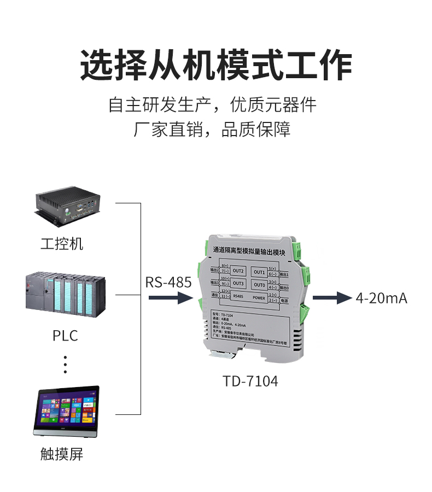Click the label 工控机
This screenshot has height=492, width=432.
[x=62, y=243]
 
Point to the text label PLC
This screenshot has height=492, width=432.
[x=65, y=335]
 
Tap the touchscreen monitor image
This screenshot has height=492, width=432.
[x=67, y=411]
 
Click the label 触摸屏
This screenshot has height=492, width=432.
[x=62, y=454]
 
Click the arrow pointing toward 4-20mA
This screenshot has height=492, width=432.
[x=330, y=298]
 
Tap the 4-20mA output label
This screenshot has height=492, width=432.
[x=381, y=298]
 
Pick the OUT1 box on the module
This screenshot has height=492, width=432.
[x=259, y=272]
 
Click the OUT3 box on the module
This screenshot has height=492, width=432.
[x=238, y=284]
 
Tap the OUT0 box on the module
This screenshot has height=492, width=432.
[x=259, y=285]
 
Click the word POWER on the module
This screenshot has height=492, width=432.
[x=259, y=298]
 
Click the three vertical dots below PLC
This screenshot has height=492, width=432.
[x=65, y=364]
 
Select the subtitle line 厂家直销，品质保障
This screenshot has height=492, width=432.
[x=212, y=130]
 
